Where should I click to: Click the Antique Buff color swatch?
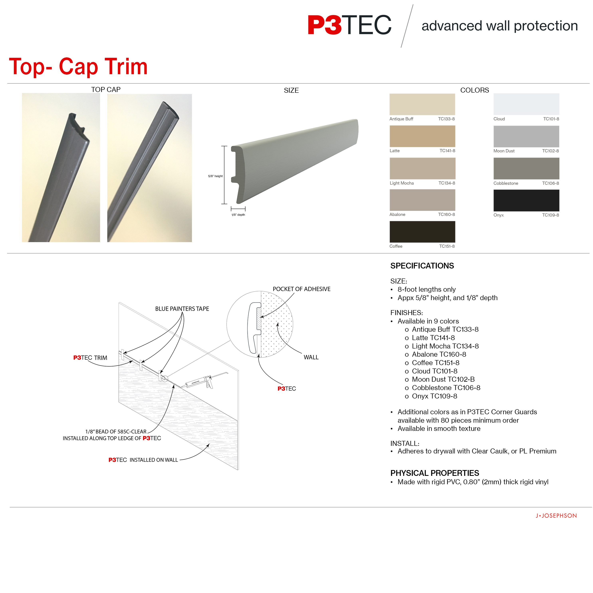point(422,104)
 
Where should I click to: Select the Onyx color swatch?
point(526,200)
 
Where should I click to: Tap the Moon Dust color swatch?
point(526,136)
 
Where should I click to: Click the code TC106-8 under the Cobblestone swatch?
point(550,183)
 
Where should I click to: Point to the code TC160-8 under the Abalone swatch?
point(446,215)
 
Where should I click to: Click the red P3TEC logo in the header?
point(350,25)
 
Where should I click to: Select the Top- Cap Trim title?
point(78,67)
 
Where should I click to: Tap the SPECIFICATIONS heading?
point(422,266)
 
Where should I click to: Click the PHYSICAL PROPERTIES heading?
point(435,473)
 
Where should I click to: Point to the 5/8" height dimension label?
point(215,176)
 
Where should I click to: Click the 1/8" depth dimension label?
point(238,215)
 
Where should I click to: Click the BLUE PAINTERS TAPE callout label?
point(182,309)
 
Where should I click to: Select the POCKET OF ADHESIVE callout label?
point(301,289)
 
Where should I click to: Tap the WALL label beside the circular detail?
point(311,357)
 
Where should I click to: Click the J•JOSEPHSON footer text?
point(556,516)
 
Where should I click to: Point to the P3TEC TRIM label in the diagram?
point(90,358)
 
